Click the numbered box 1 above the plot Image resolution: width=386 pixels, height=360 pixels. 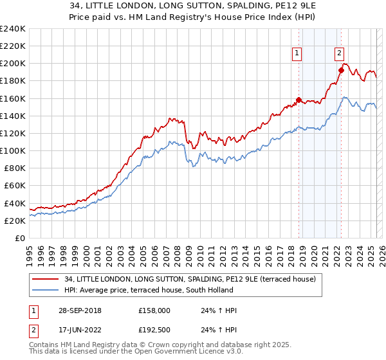tap(297, 54)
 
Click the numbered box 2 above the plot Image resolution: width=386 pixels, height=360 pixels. tap(339, 54)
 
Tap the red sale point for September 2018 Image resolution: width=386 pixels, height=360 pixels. tap(299, 100)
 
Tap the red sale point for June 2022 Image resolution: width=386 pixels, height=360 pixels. tap(341, 70)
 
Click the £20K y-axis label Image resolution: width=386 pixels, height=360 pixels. tap(15, 221)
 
